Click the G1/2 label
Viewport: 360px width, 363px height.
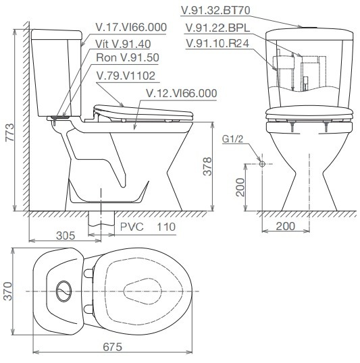coord(232,140)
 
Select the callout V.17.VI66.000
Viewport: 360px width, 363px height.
coord(130,27)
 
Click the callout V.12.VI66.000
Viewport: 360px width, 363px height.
coord(181,93)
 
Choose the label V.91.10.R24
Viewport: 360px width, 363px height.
coord(218,43)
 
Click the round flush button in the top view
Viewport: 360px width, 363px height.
coord(64,290)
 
